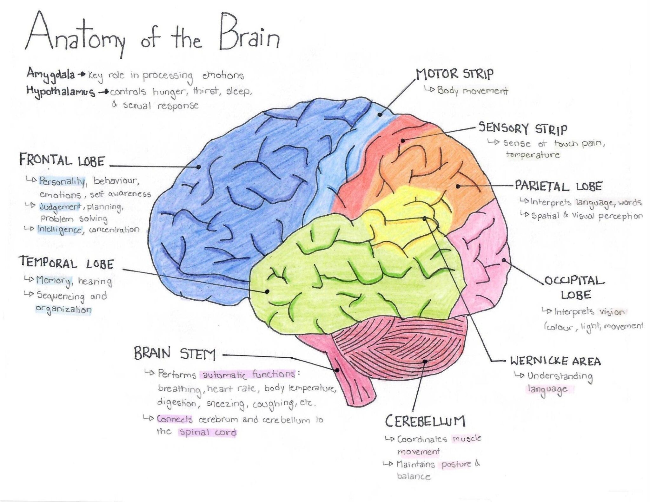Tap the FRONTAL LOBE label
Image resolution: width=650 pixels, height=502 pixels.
[62, 160]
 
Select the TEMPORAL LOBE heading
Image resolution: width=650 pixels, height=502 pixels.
[66, 263]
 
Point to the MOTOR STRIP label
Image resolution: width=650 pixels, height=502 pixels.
[454, 74]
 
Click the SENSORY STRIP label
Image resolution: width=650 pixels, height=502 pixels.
[523, 128]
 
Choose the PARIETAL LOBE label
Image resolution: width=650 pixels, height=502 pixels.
[558, 186]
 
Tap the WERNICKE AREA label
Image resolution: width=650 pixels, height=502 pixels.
[555, 361]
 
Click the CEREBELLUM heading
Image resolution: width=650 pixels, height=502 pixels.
[425, 421]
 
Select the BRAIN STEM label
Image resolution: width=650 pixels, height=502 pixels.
[175, 353]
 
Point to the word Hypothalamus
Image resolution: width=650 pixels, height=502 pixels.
[61, 91]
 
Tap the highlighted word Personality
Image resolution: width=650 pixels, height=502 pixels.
[62, 181]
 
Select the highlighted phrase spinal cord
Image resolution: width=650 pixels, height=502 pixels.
[208, 432]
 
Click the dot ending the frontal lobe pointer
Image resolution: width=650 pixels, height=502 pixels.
[198, 166]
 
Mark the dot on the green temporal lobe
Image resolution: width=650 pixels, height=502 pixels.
[267, 291]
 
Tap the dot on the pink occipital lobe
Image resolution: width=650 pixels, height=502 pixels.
[504, 260]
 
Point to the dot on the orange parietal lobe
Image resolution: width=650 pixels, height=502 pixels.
[458, 186]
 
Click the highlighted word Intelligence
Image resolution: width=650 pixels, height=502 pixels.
[60, 230]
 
